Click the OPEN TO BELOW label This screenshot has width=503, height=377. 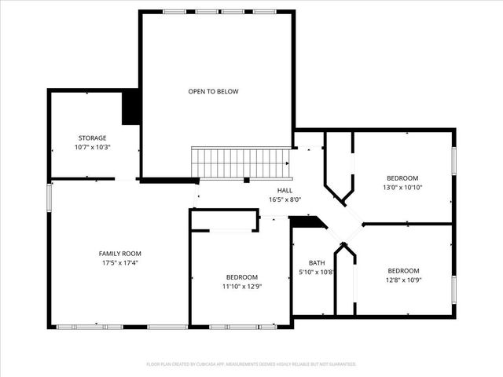coord(213,92)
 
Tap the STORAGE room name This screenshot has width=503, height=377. coord(92,137)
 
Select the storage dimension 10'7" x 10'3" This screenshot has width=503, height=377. coord(92,148)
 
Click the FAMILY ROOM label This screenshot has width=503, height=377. coord(119,253)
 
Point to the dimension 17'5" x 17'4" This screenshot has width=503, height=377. coord(119,263)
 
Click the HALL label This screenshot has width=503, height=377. coord(285,190)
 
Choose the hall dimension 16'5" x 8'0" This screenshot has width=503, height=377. coord(285,200)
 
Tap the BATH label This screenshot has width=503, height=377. coord(317,263)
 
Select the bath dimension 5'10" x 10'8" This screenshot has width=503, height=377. coord(317,273)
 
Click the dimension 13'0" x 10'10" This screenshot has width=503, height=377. coord(402,188)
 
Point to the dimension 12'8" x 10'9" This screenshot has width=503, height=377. coord(402,280)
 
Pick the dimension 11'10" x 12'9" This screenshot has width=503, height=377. coord(242,287)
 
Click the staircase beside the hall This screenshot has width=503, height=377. coord(241,163)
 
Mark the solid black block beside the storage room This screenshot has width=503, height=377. coord(130,108)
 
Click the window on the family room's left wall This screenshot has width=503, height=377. coord(49,197)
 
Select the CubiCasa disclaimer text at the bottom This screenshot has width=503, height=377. coord(251,364)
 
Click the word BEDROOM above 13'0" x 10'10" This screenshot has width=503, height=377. coord(402,178)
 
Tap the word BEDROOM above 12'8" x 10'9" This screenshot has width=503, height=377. coord(402,270)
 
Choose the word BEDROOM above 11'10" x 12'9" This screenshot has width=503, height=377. coord(242,276)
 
